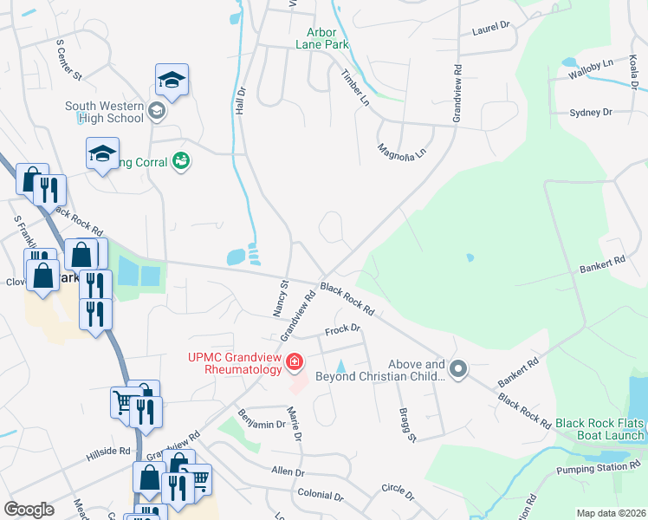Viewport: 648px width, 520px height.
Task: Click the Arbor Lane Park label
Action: tap(321, 36)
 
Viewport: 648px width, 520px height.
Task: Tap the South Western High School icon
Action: tap(156, 110)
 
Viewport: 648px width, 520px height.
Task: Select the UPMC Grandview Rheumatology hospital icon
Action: tap(295, 361)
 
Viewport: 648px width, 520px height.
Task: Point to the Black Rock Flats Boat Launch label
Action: tap(599, 427)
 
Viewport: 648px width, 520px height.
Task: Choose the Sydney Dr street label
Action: tap(590, 113)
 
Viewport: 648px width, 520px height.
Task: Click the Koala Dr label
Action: tap(634, 75)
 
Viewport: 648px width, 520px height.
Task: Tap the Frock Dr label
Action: tap(342, 329)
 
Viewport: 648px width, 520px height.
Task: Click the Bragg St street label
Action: tap(406, 424)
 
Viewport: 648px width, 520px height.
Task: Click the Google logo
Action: tap(29, 509)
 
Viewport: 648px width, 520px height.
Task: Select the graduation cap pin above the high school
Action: tap(172, 80)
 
